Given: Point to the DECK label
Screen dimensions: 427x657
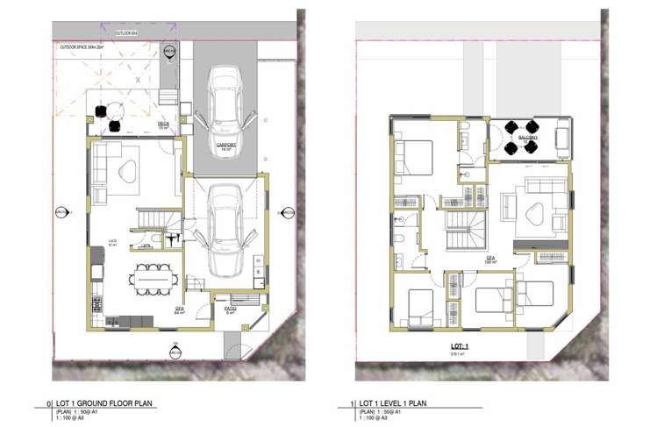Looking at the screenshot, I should [163, 125].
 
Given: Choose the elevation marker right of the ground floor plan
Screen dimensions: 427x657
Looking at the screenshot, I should [286, 211].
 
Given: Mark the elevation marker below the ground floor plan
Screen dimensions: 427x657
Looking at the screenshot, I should [176, 352].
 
